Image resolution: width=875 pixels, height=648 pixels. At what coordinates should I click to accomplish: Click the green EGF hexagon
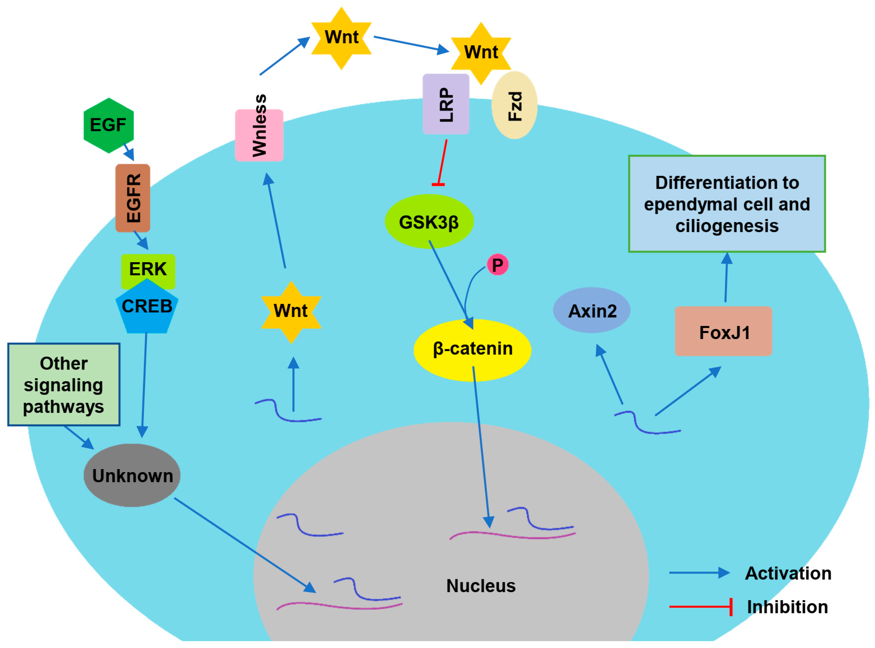pyautogui.click(x=109, y=126)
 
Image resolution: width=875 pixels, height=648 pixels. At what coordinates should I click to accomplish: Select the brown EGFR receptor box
pyautogui.click(x=132, y=198)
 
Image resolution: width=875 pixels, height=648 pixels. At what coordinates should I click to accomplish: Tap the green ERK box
pyautogui.click(x=148, y=269)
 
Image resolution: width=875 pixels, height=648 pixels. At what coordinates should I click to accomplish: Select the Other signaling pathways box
pyautogui.click(x=63, y=384)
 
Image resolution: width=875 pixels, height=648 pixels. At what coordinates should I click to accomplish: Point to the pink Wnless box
pyautogui.click(x=259, y=135)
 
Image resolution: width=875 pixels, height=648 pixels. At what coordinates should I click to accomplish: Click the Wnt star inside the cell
pyautogui.click(x=291, y=312)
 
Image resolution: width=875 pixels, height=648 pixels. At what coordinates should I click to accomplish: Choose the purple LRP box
pyautogui.click(x=446, y=104)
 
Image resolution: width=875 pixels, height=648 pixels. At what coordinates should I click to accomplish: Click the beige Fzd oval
pyautogui.click(x=514, y=105)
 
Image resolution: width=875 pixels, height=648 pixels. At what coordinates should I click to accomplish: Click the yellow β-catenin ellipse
pyautogui.click(x=472, y=349)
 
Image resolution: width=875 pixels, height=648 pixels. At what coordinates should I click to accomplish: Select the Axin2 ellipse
pyautogui.click(x=592, y=311)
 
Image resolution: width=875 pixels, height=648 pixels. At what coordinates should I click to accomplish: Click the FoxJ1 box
pyautogui.click(x=723, y=332)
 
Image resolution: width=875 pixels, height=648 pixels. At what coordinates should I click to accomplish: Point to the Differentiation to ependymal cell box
pyautogui.click(x=727, y=204)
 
